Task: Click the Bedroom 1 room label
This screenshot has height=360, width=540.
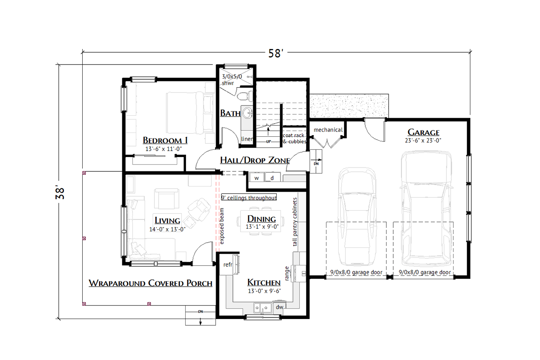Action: pyautogui.click(x=165, y=140)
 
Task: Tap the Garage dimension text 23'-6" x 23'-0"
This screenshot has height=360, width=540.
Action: pyautogui.click(x=423, y=141)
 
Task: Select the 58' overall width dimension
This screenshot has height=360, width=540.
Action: pyautogui.click(x=276, y=53)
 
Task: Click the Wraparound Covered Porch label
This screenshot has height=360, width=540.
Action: pyautogui.click(x=150, y=283)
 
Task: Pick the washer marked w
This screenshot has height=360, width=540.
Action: pyautogui.click(x=256, y=178)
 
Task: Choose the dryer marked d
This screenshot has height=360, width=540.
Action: pyautogui.click(x=272, y=178)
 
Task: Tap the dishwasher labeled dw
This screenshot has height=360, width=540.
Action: pyautogui.click(x=279, y=307)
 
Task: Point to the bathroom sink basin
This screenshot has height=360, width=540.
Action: pyautogui.click(x=247, y=112)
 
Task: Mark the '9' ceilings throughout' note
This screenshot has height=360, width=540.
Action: pyautogui.click(x=249, y=198)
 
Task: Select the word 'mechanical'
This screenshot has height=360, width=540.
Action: pyautogui.click(x=328, y=130)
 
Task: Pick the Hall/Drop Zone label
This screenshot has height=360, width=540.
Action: pyautogui.click(x=255, y=160)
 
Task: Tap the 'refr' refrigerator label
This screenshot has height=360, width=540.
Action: pyautogui.click(x=228, y=264)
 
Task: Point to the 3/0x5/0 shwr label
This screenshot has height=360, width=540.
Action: pyautogui.click(x=232, y=80)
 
